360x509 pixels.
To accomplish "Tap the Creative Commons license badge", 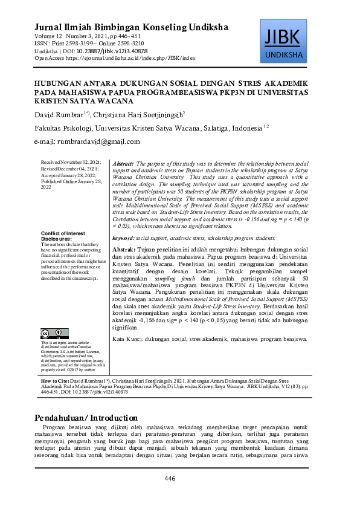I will pos(52,333).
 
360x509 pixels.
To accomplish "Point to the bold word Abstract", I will pos(123,164).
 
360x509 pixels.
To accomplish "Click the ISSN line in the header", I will pos(89,44).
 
